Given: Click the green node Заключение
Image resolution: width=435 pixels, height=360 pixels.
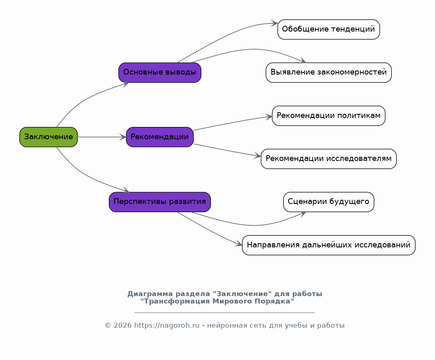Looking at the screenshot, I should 48,137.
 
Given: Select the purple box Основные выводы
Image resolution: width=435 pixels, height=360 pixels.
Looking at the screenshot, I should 160,72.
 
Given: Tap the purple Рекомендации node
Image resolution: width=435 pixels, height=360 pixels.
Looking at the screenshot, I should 160,137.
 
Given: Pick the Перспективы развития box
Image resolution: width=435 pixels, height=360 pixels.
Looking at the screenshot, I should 160,202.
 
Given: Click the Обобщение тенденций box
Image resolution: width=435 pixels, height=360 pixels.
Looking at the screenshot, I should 329,29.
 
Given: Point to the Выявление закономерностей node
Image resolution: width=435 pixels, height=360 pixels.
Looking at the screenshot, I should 329,72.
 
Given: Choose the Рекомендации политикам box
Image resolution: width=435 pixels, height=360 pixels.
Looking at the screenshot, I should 329,115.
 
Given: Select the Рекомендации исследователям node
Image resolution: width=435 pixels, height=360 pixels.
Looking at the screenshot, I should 329,158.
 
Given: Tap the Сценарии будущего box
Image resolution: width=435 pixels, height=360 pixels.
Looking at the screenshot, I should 329,202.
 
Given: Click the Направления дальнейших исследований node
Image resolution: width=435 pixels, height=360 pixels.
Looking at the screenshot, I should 329,245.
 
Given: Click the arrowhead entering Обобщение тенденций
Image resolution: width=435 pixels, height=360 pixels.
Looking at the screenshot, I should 274,23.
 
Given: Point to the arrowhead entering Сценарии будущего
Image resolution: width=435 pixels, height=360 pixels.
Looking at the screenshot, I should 303,213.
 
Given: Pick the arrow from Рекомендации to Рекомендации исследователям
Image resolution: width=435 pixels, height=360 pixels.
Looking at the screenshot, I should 227,150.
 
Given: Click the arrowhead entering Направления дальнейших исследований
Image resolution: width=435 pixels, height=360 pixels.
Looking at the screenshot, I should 239,245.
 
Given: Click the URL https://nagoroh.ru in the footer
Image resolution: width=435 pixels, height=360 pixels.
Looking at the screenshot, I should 167,326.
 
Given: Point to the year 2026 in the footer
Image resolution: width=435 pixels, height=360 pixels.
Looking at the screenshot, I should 123,326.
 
